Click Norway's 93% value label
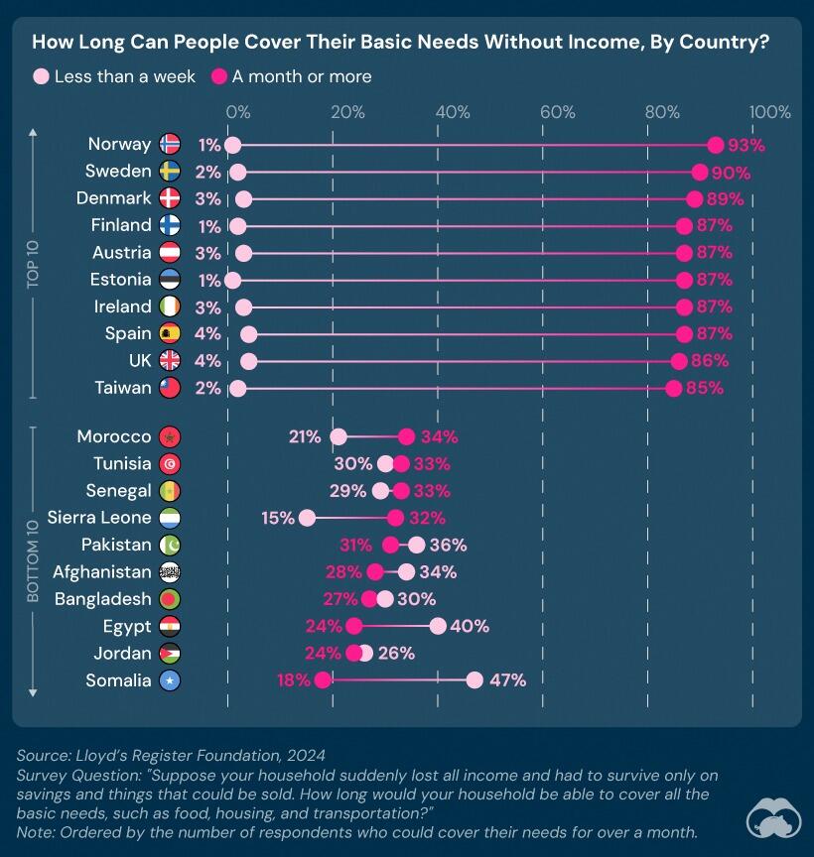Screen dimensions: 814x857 point(746,146)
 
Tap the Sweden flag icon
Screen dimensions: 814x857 point(170,171)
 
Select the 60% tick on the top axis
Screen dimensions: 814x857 point(558,112)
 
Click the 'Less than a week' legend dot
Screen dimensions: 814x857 point(42,76)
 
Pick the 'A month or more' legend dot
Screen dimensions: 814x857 point(219,76)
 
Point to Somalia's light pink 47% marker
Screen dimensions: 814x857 point(475,679)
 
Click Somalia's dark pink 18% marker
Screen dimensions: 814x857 point(323,679)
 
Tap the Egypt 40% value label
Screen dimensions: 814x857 point(470,626)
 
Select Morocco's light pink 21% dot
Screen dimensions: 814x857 point(339,436)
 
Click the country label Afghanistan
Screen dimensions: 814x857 point(101,571)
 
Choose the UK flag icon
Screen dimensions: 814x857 point(170,361)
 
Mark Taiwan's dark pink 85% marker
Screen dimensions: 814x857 point(674,389)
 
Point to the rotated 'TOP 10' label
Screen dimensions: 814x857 point(33,264)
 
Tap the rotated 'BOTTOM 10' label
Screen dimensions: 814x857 point(33,560)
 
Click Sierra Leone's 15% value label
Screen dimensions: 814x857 point(278,518)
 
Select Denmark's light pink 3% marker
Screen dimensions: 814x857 point(244,199)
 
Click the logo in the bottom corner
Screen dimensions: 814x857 point(774,818)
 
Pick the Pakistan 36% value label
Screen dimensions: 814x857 point(448,545)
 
